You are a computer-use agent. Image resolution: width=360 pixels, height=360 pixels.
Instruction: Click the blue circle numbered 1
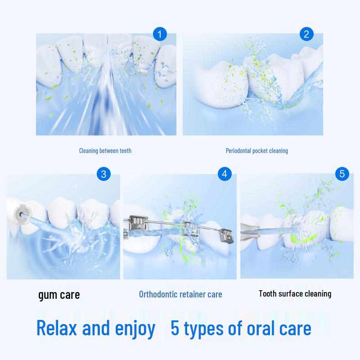click(x=160, y=34)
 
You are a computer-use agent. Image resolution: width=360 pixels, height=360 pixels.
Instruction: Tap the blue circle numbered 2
click(x=306, y=34)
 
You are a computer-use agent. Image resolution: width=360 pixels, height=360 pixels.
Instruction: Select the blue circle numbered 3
click(x=103, y=174)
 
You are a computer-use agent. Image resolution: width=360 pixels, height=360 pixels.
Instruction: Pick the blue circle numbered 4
click(x=225, y=174)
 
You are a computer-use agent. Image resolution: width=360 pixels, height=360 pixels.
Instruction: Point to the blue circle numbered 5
click(x=342, y=174)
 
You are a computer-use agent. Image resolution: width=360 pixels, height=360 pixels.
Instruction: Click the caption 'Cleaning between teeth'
click(x=105, y=151)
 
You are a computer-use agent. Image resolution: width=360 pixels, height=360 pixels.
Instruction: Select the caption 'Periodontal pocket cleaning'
click(x=257, y=151)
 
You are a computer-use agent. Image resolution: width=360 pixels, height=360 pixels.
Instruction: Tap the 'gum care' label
click(x=59, y=295)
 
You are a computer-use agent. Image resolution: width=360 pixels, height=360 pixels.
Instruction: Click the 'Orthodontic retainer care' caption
click(x=180, y=295)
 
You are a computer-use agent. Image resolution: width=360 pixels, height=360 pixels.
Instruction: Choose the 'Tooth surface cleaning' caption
click(x=295, y=294)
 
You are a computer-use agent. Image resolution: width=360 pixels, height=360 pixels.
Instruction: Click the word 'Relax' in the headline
click(x=58, y=328)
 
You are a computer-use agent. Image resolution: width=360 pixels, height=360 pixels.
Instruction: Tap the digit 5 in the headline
click(x=175, y=328)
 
